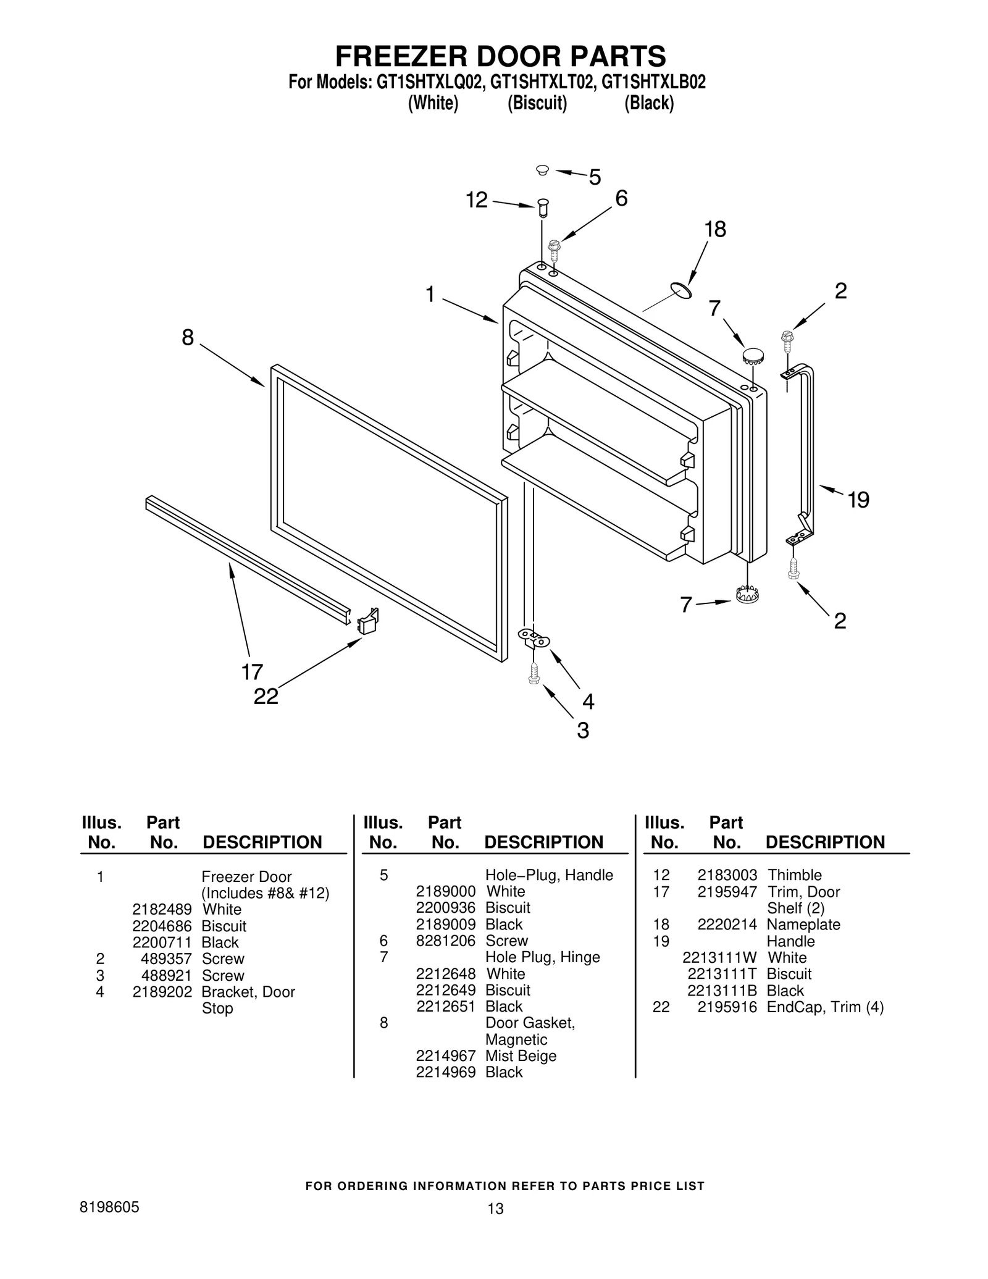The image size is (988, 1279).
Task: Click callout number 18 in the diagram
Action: click(715, 230)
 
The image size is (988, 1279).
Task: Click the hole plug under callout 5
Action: click(542, 169)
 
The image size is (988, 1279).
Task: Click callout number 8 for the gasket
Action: click(188, 337)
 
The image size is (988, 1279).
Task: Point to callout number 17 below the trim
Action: click(252, 671)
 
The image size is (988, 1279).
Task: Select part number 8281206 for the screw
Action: click(445, 941)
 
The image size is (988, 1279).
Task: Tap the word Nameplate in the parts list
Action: click(803, 925)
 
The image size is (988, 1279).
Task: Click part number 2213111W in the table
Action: click(719, 957)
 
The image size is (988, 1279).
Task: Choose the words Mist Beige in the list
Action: click(521, 1055)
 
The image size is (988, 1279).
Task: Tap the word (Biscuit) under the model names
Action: click(537, 103)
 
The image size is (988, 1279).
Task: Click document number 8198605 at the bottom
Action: click(109, 1207)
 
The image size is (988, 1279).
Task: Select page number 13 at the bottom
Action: click(495, 1209)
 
